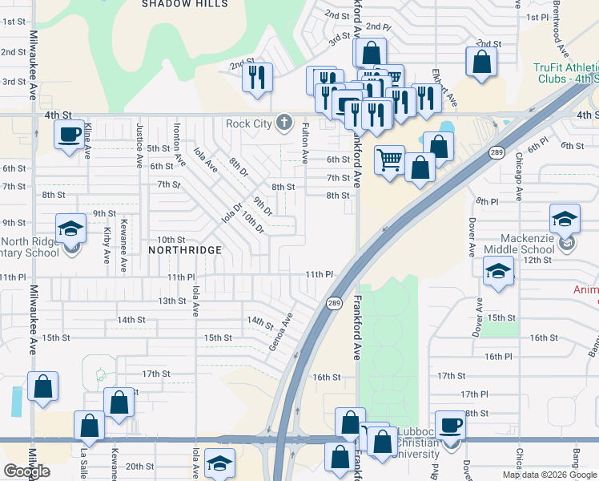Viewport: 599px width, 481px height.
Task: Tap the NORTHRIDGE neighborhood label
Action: (x=185, y=250)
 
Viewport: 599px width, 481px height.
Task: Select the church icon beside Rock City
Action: (x=283, y=123)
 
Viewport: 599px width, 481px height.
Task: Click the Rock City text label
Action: (x=248, y=123)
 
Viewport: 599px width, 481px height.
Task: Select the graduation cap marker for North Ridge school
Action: (x=70, y=228)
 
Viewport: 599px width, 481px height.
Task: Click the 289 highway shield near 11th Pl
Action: (x=334, y=303)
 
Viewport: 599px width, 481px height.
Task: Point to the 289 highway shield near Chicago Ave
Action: (x=496, y=152)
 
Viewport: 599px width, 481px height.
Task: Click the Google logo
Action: (x=27, y=471)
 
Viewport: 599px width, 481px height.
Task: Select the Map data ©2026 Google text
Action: (x=549, y=475)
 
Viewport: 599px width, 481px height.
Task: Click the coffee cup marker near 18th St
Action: (x=450, y=425)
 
